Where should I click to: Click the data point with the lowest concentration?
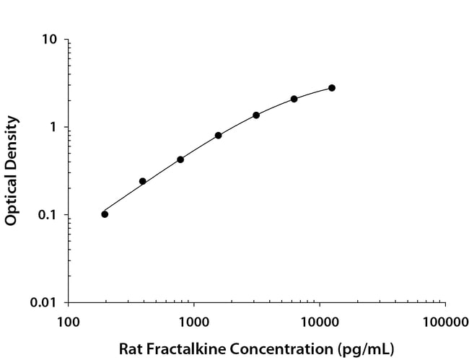(x=105, y=214)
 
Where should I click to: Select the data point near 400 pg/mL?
(x=143, y=181)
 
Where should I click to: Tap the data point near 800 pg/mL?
(x=180, y=159)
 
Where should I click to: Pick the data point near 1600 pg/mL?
(x=218, y=136)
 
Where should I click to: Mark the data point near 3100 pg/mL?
(x=256, y=115)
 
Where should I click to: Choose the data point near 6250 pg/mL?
(x=294, y=99)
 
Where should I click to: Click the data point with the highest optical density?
(x=332, y=88)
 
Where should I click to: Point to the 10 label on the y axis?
(x=50, y=39)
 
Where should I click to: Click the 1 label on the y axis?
(x=53, y=127)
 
